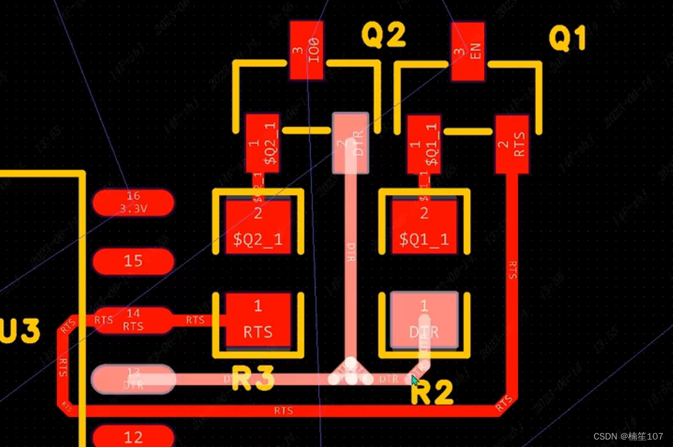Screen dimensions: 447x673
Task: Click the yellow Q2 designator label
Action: pos(384,36)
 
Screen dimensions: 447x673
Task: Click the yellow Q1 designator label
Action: pos(567,39)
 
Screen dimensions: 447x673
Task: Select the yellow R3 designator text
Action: pos(252,378)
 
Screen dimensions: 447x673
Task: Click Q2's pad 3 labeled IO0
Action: pos(307,51)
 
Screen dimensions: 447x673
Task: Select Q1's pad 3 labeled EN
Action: pos(468,52)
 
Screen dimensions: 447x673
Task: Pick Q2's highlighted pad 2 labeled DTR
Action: pos(351,143)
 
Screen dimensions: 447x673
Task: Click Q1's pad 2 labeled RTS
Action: pos(512,144)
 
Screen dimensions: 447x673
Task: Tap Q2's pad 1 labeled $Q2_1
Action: pos(262,144)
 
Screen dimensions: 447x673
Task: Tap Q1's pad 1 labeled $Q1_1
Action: pos(424,144)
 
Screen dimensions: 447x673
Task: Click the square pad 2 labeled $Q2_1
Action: pos(258,226)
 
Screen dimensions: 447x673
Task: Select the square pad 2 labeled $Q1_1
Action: pos(424,226)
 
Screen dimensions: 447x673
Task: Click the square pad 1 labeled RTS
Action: pos(258,319)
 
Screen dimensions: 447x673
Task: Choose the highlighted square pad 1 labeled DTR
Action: pos(424,320)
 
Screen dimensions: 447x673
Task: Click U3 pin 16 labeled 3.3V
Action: pos(133,203)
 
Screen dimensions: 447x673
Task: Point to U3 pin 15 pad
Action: pos(133,261)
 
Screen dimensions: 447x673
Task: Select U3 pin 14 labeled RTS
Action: pos(132,320)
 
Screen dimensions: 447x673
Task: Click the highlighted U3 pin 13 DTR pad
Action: pos(133,379)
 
